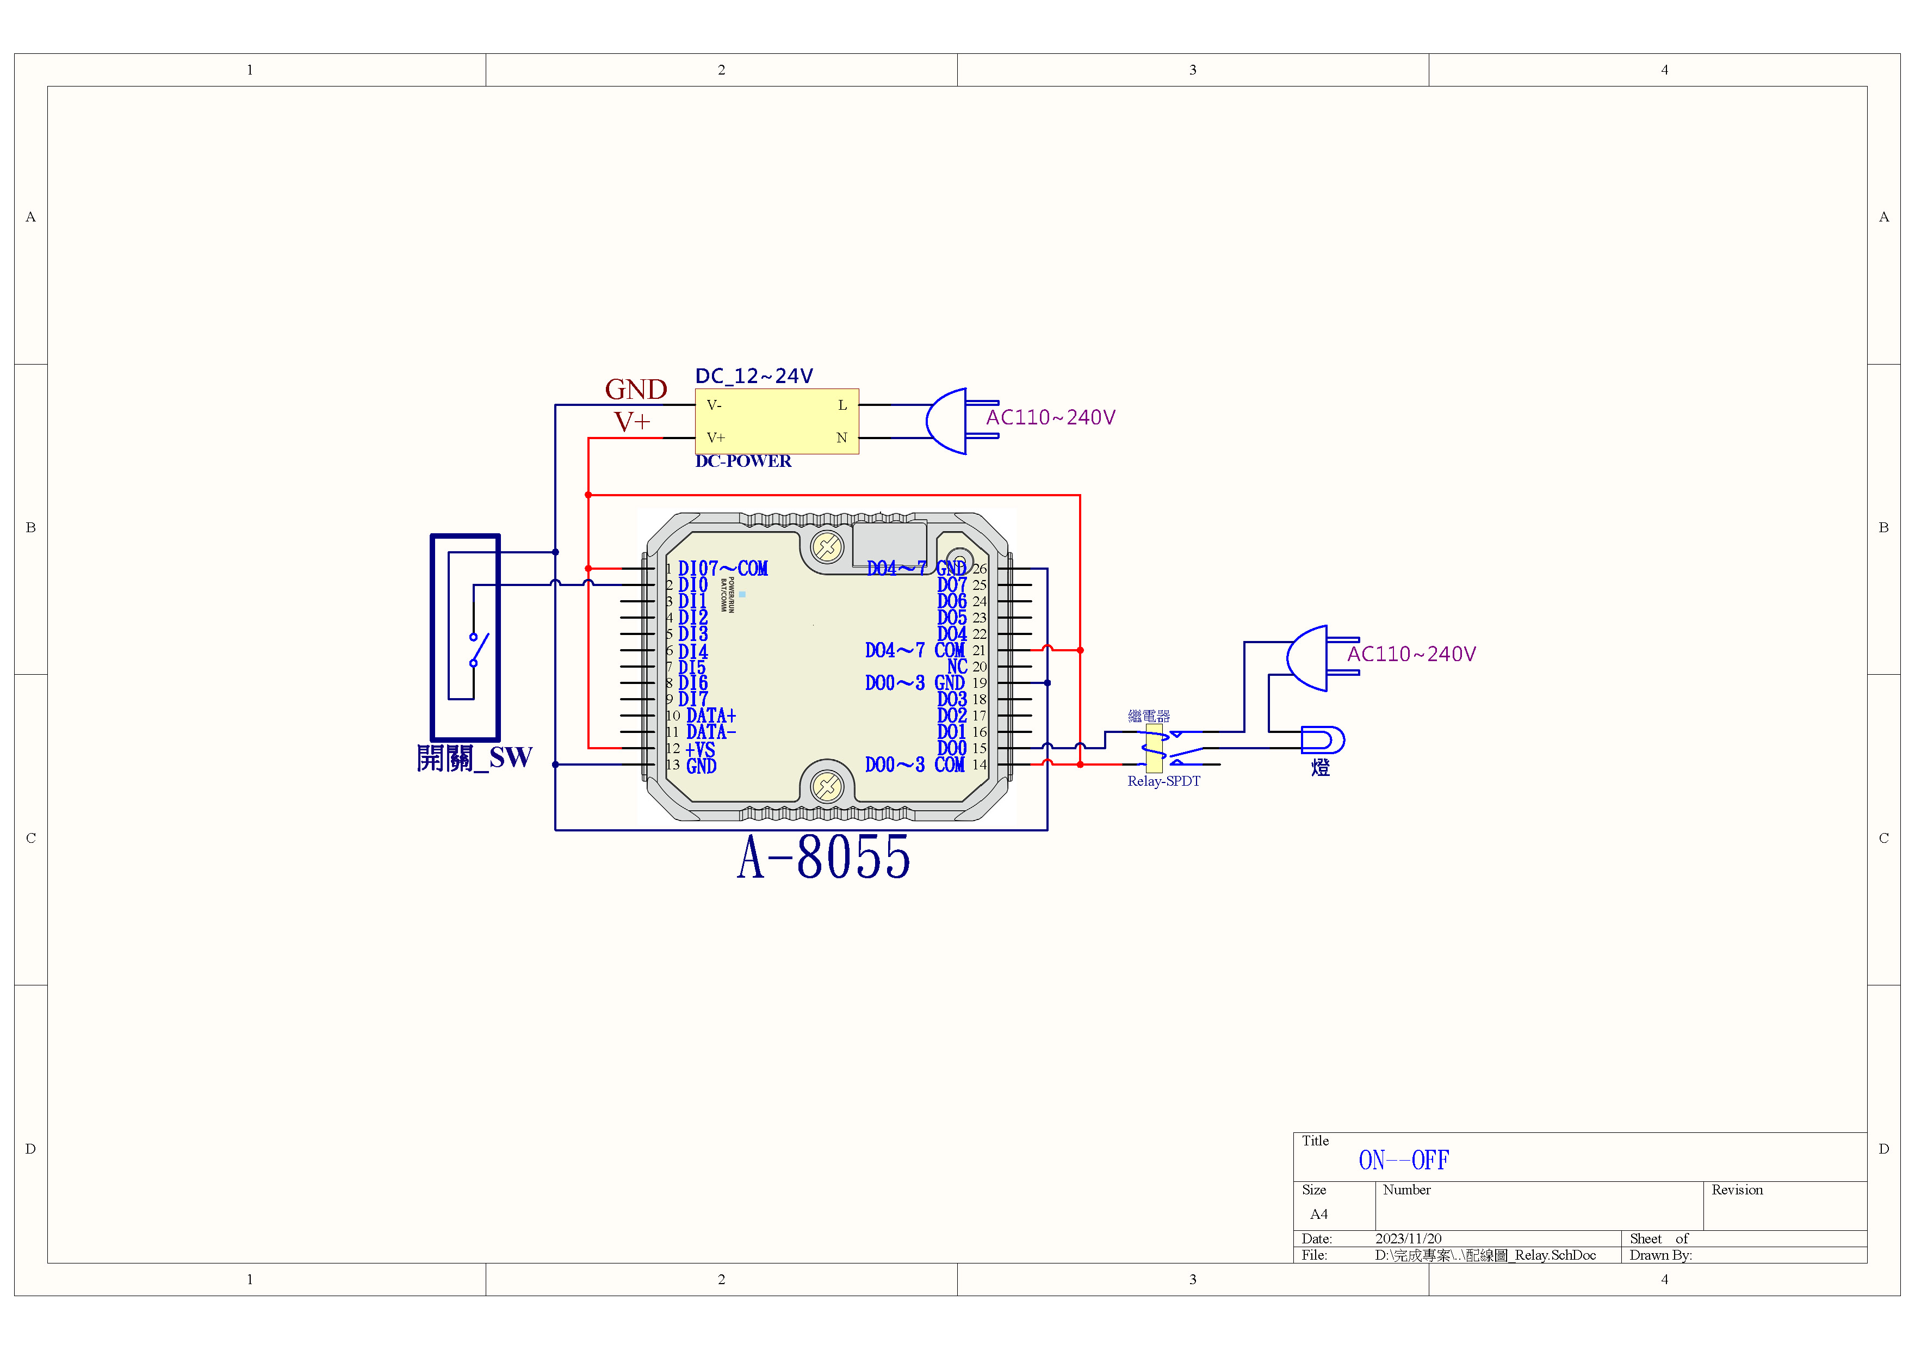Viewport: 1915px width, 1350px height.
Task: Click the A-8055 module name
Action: (x=823, y=858)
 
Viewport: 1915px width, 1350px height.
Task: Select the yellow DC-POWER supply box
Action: (x=777, y=421)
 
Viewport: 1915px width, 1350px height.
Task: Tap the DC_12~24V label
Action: (x=754, y=377)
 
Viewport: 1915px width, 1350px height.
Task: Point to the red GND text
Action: (x=636, y=389)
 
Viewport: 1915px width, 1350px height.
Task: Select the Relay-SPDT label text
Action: (x=1163, y=781)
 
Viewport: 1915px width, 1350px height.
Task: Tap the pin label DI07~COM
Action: (x=722, y=569)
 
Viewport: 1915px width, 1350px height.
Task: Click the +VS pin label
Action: (x=700, y=749)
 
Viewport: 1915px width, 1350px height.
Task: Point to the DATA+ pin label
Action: (x=711, y=716)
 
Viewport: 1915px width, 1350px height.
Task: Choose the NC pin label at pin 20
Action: (x=957, y=667)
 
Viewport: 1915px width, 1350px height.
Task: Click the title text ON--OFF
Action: (x=1404, y=1160)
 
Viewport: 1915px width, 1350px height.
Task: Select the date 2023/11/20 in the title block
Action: (x=1408, y=1238)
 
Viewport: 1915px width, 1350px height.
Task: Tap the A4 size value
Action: (x=1319, y=1214)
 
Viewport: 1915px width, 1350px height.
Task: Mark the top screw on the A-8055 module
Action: (x=827, y=548)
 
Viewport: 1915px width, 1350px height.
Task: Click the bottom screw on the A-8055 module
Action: (x=827, y=786)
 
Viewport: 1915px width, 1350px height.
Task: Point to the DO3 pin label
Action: (x=952, y=699)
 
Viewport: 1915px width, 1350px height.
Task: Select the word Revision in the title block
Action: (x=1737, y=1190)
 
